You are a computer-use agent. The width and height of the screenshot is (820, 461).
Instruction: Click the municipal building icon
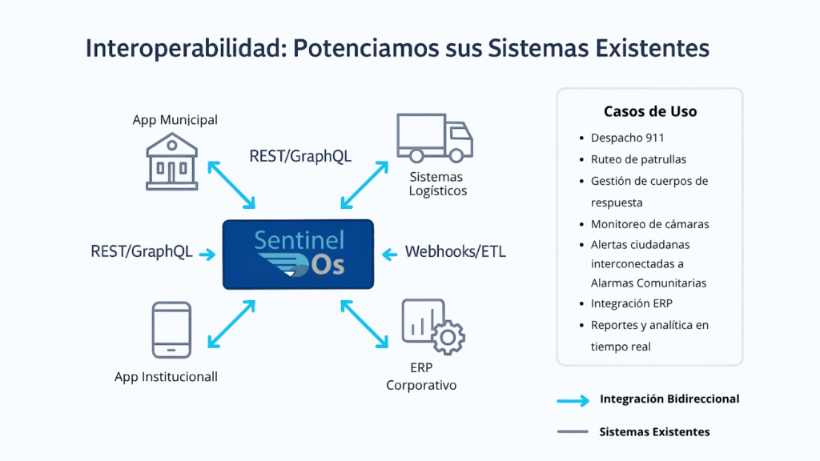171,162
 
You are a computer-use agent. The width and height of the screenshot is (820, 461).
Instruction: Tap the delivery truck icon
435,138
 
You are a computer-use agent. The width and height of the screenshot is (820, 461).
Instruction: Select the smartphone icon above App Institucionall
171,330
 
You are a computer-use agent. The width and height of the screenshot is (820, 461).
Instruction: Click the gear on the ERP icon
448,338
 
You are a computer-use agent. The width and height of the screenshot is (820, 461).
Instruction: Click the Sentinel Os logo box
298,254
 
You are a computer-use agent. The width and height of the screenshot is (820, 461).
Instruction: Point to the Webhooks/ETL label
456,252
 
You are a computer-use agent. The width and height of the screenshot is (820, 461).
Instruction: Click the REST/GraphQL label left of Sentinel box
141,252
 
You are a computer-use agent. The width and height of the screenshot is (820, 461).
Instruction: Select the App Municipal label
175,120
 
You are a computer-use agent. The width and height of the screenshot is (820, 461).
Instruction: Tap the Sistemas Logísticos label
438,183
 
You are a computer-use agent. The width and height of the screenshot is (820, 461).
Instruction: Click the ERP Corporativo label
421,376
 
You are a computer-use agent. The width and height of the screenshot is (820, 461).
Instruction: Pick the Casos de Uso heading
650,111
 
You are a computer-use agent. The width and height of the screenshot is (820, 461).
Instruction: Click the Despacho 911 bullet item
628,138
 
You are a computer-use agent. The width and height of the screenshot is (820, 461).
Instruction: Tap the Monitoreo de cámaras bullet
650,224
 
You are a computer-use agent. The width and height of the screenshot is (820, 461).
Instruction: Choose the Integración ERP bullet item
632,303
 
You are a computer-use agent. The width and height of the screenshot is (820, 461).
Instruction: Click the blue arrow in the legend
573,401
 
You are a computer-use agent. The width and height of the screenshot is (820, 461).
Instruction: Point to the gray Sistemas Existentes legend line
573,431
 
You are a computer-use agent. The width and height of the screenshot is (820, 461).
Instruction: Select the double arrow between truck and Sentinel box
364,185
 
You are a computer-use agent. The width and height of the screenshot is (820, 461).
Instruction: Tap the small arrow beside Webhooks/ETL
390,255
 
